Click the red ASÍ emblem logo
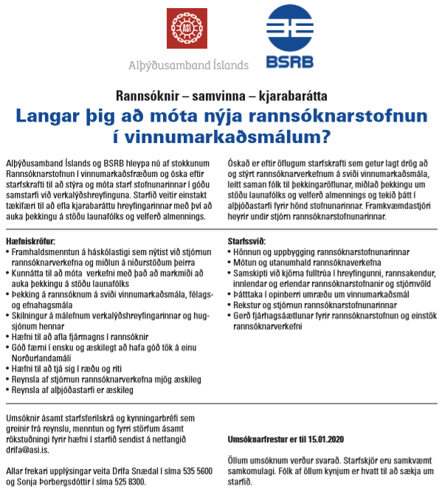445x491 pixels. [186, 30]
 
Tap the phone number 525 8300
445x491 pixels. [128, 481]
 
